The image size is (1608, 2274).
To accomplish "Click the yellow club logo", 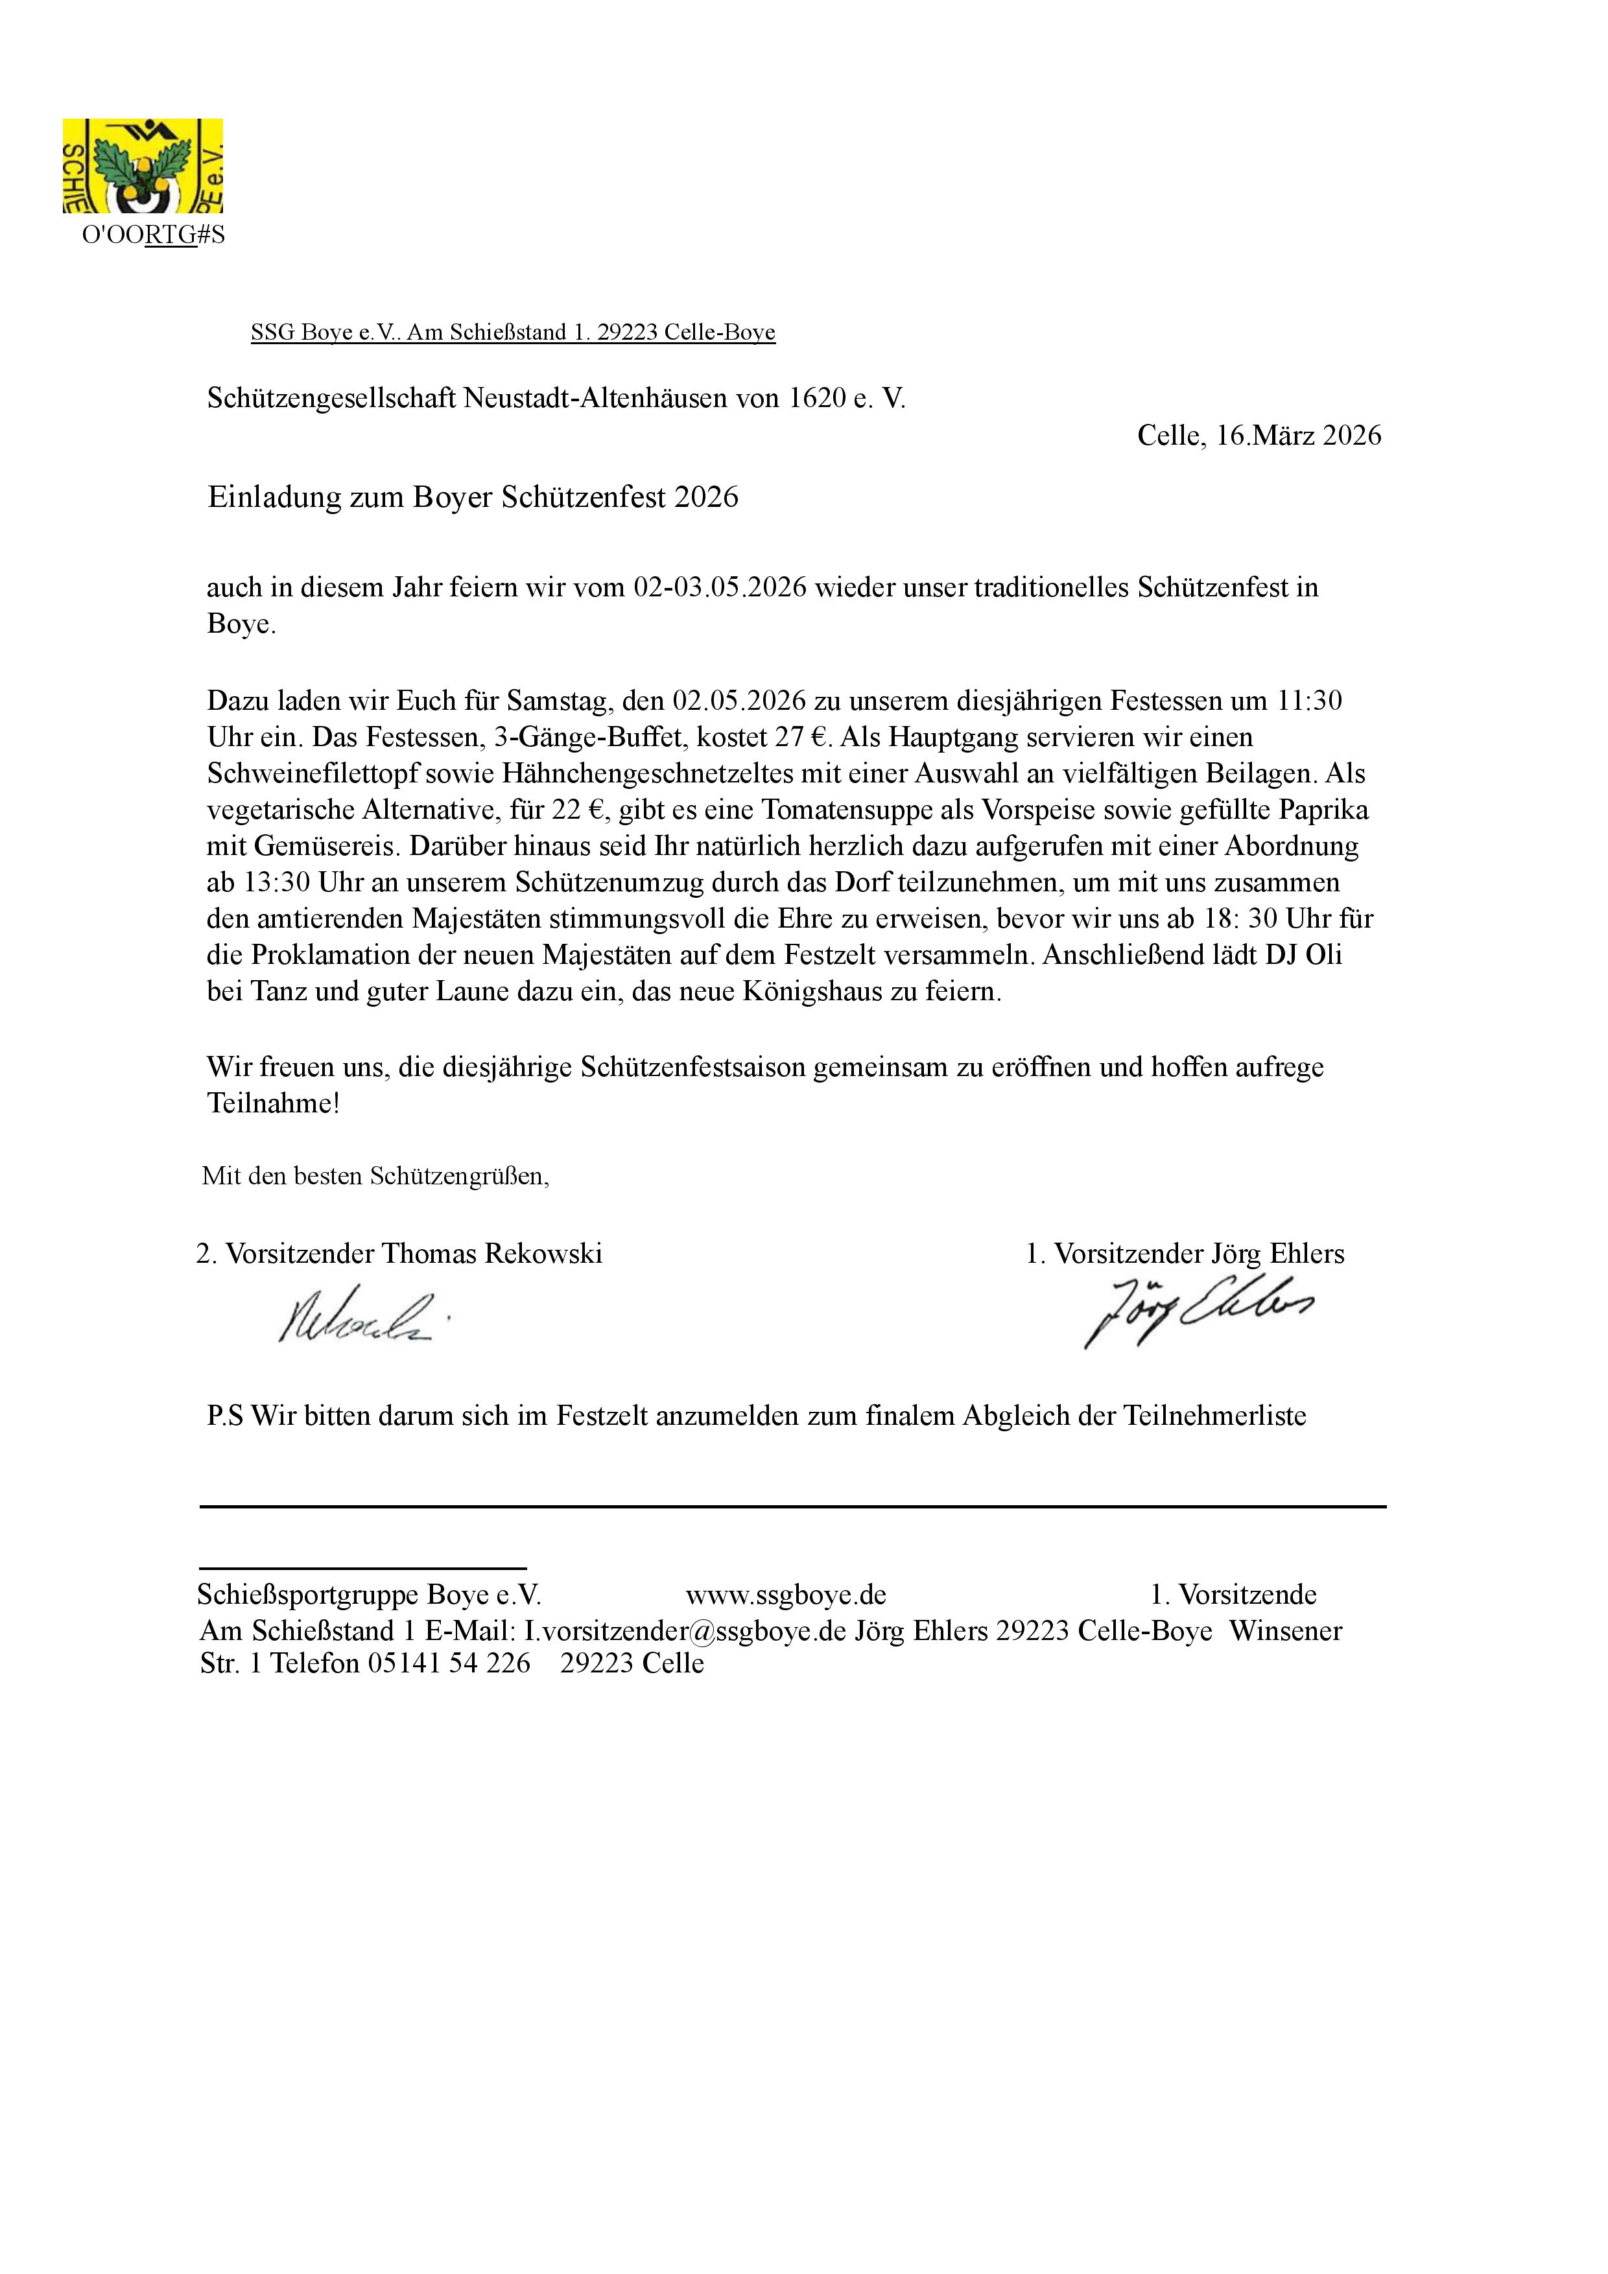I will (x=143, y=165).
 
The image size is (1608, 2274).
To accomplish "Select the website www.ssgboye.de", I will (x=786, y=1595).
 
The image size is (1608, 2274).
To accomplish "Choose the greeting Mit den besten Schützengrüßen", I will (x=375, y=1176).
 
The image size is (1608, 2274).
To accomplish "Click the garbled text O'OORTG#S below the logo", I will (x=154, y=236).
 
